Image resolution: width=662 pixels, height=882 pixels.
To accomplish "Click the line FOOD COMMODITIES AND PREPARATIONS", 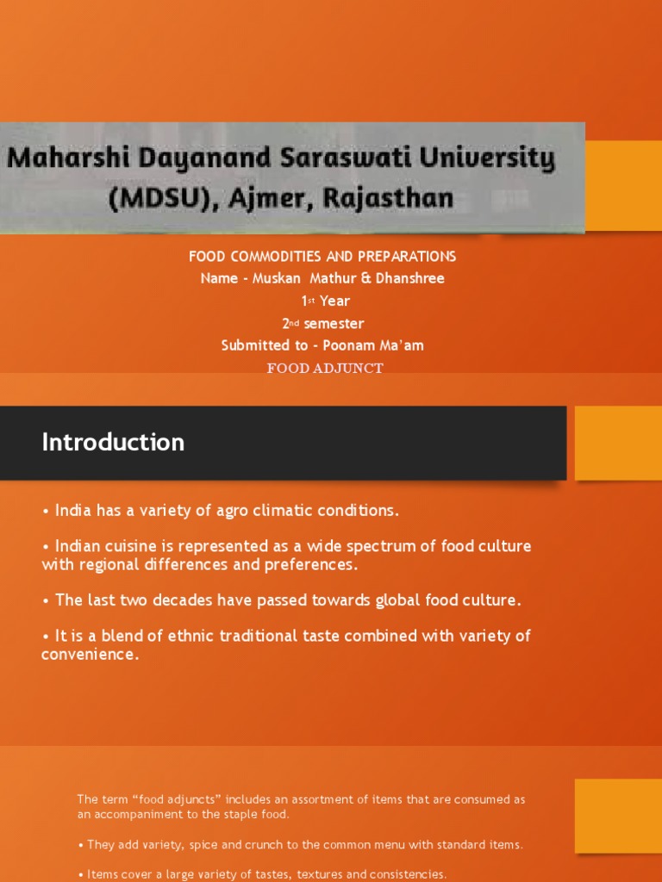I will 322,257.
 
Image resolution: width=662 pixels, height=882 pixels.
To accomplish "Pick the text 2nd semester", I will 322,324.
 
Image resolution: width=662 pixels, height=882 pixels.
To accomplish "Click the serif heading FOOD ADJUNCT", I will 325,369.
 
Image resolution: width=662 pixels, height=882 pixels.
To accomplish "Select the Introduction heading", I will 113,443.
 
